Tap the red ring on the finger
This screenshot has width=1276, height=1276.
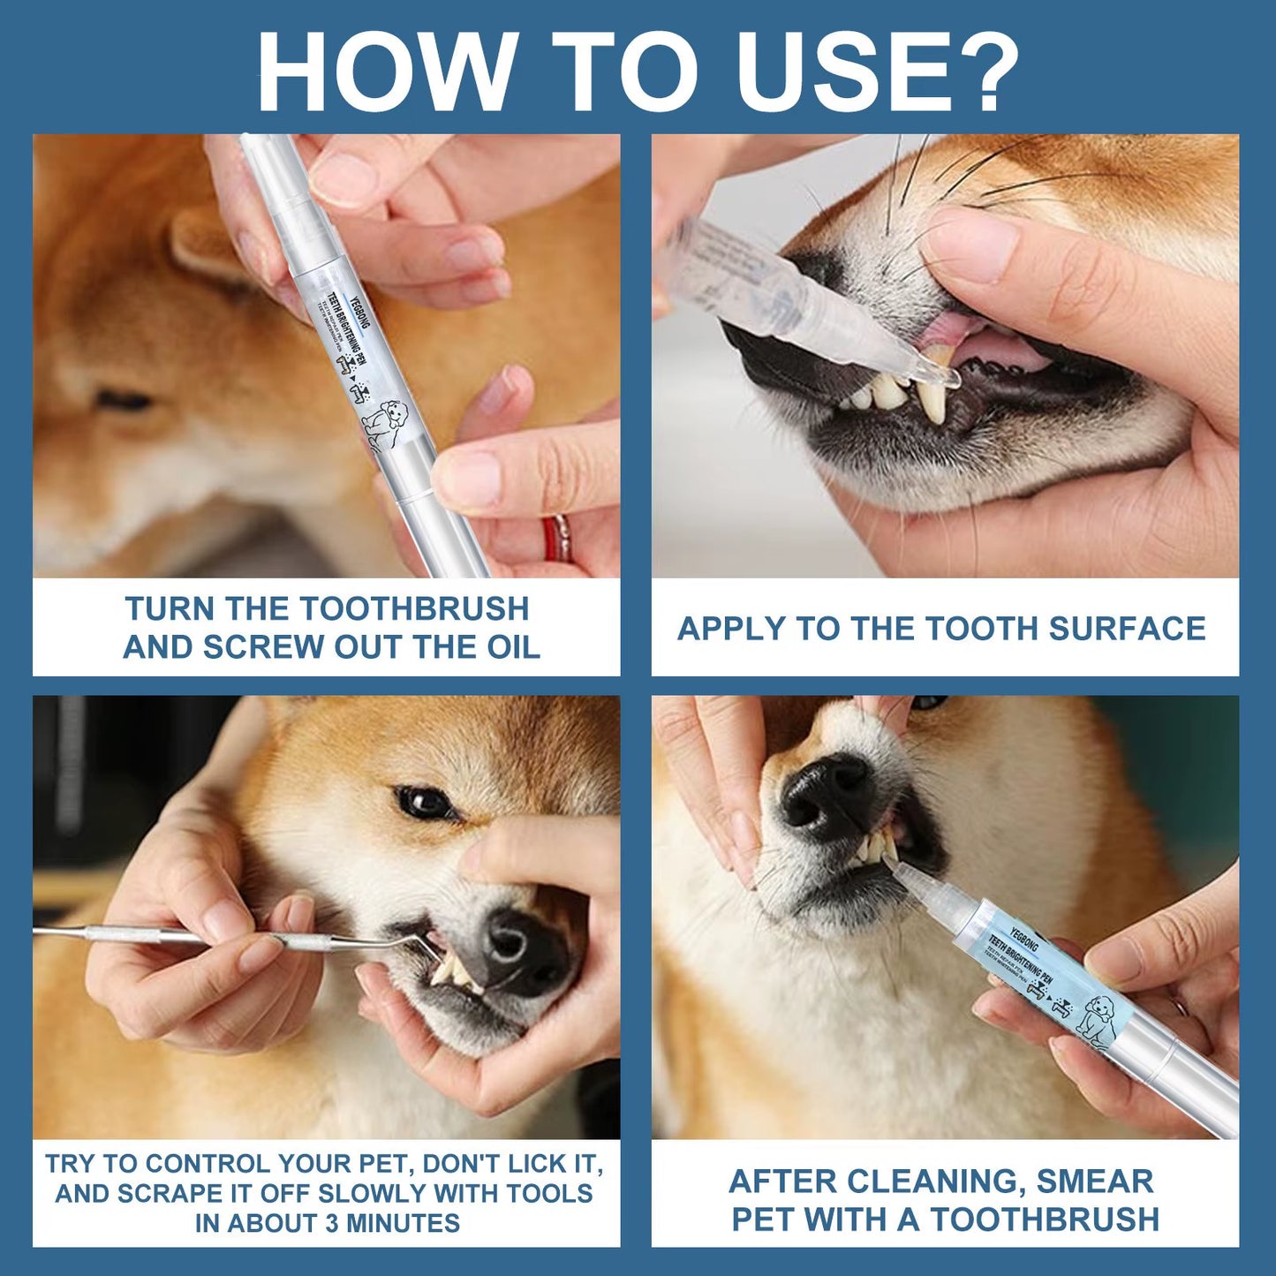pos(555,540)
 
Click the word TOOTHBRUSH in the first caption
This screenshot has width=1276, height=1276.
pos(414,609)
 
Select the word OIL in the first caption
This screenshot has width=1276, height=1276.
pos(512,647)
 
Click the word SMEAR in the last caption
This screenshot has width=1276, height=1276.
pos(1095,1182)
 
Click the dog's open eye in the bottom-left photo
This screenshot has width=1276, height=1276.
pos(424,803)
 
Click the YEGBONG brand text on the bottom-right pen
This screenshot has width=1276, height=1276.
pos(1024,939)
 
